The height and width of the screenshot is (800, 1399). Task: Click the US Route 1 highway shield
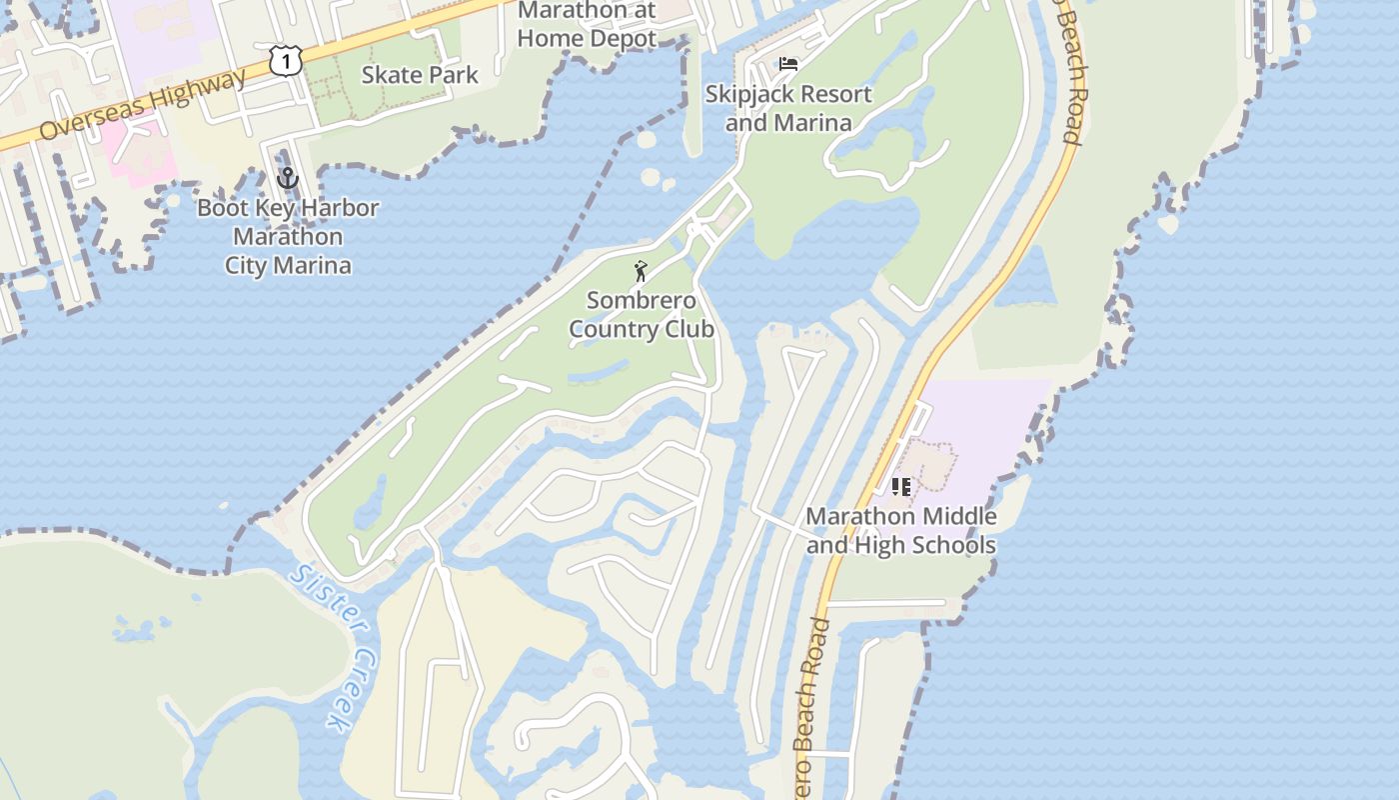[x=286, y=62]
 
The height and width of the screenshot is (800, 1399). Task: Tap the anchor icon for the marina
[x=288, y=179]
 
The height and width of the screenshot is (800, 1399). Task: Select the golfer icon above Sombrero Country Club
[x=641, y=270]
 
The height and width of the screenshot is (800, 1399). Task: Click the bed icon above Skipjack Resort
[x=788, y=65]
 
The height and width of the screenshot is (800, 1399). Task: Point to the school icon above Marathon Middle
[x=901, y=487]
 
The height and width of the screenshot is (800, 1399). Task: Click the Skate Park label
[x=420, y=75]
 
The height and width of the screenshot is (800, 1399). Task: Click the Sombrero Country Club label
[x=642, y=315]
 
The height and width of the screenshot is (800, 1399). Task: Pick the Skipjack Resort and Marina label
[x=788, y=108]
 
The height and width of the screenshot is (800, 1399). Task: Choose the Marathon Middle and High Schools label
[x=901, y=531]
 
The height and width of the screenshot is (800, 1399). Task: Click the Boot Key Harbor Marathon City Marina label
[x=288, y=237]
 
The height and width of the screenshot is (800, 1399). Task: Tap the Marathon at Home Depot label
[x=588, y=25]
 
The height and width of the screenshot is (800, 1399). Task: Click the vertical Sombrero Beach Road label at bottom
[x=812, y=705]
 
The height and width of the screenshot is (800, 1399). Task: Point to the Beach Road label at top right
[x=1068, y=75]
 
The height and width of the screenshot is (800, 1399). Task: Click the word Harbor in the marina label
[x=330, y=209]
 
